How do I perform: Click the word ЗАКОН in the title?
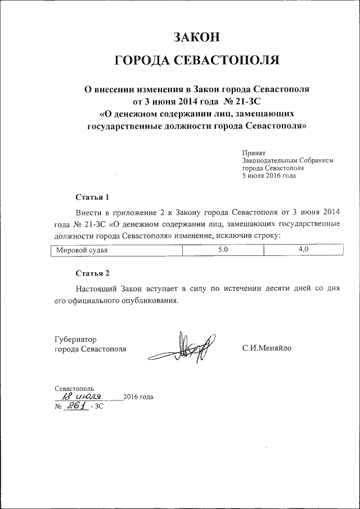click(x=196, y=37)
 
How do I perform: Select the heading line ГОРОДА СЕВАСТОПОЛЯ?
click(x=196, y=61)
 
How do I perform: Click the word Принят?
click(x=253, y=152)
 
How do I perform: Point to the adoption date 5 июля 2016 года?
click(x=268, y=175)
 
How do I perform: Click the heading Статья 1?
click(x=92, y=197)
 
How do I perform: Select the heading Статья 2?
click(x=92, y=273)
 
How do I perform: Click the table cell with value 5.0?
click(x=223, y=251)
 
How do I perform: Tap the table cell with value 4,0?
click(x=304, y=250)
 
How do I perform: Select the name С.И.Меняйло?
click(x=267, y=349)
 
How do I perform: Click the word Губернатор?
click(x=76, y=339)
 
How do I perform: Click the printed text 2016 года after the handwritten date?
click(x=138, y=397)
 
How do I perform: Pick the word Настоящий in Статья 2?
click(x=97, y=289)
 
